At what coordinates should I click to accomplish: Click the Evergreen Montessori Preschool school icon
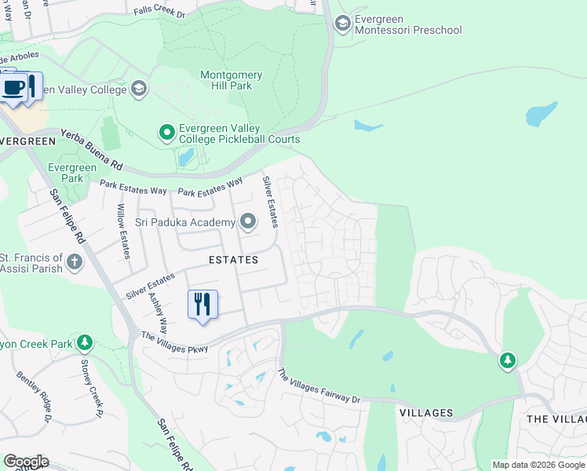point(342,24)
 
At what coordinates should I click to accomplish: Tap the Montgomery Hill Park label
point(232,80)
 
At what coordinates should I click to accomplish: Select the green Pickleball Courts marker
point(166,133)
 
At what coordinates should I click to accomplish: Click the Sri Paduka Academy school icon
point(248,223)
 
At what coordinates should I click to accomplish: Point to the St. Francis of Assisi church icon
point(75,262)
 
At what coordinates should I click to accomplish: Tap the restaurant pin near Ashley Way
point(202,305)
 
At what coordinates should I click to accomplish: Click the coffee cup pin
point(13,87)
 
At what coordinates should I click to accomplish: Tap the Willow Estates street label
point(122,232)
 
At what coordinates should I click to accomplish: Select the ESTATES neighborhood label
point(232,260)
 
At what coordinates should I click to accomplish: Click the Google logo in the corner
point(26,462)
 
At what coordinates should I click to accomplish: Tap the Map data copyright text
point(538,465)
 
